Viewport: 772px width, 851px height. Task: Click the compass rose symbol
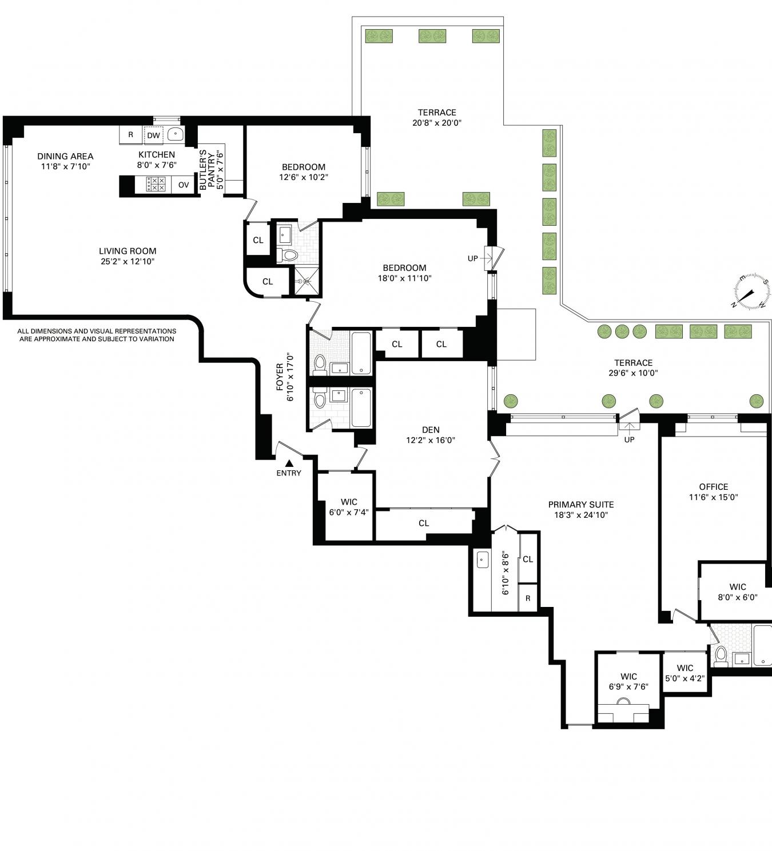click(x=751, y=291)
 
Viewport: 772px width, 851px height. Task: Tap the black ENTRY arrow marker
click(x=289, y=463)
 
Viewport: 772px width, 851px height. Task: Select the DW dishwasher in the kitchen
click(x=154, y=135)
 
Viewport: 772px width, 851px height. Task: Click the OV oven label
click(x=184, y=185)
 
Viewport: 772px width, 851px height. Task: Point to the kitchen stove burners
click(x=155, y=185)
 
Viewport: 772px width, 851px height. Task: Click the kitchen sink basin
click(x=176, y=134)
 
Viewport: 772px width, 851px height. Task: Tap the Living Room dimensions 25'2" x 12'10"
click(x=128, y=261)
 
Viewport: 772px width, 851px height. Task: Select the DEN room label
click(x=431, y=430)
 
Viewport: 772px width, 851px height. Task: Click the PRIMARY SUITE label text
click(x=581, y=505)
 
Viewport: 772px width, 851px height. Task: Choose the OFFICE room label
click(x=714, y=486)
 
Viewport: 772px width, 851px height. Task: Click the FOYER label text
click(x=280, y=376)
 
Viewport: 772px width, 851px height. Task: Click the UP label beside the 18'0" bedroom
click(x=472, y=258)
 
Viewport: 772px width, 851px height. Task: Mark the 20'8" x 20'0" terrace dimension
click(x=437, y=123)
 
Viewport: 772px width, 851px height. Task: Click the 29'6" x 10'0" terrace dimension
click(x=633, y=373)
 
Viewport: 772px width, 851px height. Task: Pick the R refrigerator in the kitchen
click(x=131, y=134)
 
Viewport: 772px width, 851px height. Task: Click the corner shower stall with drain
click(x=306, y=281)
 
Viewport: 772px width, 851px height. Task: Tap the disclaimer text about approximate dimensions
click(x=97, y=335)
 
